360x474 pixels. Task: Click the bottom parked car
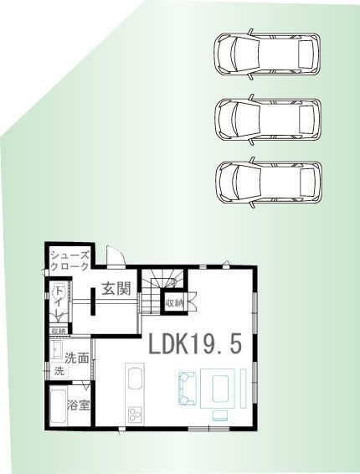click(x=266, y=181)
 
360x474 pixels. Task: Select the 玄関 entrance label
click(x=116, y=290)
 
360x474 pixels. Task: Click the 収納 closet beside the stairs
click(x=173, y=302)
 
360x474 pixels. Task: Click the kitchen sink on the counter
click(x=135, y=384)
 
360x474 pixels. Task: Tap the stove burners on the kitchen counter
click(x=135, y=414)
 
